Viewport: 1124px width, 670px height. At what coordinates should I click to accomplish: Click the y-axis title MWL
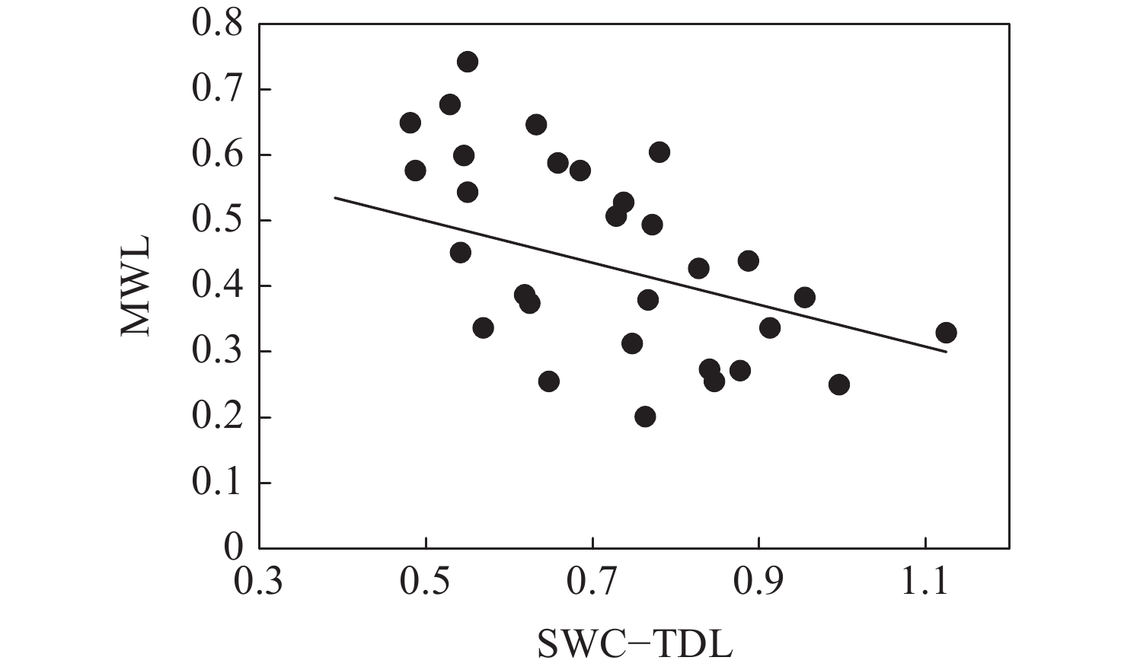(137, 286)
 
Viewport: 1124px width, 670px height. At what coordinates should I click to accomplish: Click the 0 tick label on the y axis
(233, 547)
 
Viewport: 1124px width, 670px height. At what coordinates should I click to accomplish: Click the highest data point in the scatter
(468, 62)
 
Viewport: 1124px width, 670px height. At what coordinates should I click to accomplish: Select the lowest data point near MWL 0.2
(645, 416)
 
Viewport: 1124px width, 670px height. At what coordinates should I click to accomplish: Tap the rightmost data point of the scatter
(946, 333)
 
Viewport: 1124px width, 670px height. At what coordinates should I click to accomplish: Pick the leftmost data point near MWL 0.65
(410, 123)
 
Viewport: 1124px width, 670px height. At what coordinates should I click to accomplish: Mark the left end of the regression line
(335, 198)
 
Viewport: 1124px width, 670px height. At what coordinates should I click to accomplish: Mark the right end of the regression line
(946, 352)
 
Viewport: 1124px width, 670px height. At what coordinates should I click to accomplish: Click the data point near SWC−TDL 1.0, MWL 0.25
(838, 384)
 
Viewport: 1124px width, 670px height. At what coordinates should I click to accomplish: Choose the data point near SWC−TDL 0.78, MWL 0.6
(659, 152)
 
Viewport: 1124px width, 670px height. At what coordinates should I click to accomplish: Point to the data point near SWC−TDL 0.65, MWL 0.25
(548, 381)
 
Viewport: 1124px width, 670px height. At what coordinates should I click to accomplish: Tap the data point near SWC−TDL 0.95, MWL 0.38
(804, 297)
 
